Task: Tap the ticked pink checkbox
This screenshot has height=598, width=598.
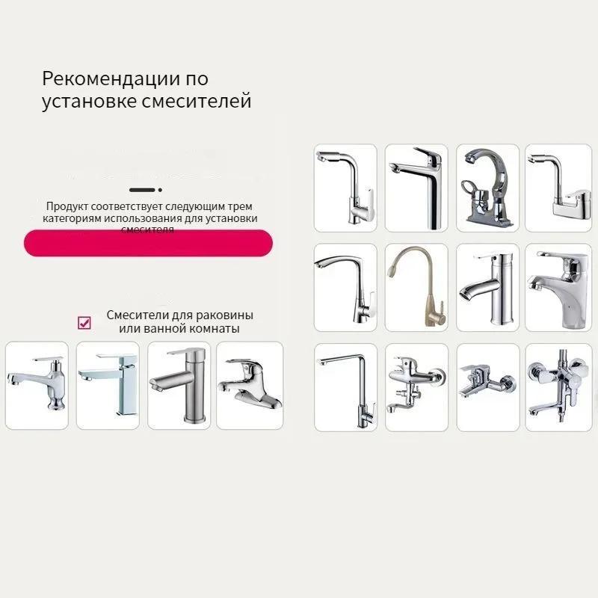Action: (84, 322)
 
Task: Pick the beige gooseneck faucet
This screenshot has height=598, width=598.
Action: (416, 286)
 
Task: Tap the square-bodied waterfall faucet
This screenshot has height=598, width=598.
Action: (108, 383)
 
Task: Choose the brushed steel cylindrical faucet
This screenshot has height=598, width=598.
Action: (178, 383)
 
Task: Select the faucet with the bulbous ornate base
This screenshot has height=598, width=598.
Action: (37, 385)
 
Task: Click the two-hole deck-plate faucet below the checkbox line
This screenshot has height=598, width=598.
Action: (249, 385)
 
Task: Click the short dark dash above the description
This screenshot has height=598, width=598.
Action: (141, 191)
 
